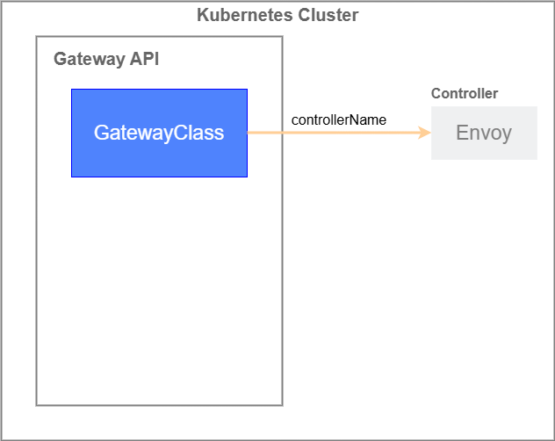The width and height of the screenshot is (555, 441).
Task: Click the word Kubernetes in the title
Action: tap(245, 15)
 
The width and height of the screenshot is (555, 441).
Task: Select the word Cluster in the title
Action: tap(328, 15)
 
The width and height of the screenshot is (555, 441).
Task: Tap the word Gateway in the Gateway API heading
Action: tap(89, 59)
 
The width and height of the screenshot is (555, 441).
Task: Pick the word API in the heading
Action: tap(144, 59)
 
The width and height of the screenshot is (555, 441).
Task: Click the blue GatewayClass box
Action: tap(159, 133)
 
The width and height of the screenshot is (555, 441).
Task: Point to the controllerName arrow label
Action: tap(339, 119)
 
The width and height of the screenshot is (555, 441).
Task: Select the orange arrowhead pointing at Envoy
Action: tap(424, 133)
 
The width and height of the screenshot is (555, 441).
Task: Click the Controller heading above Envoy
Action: tap(465, 93)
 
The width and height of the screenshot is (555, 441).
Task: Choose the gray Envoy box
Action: tap(484, 133)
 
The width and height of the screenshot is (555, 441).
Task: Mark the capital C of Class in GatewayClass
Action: tap(181, 133)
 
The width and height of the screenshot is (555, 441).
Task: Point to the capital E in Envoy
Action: tap(462, 132)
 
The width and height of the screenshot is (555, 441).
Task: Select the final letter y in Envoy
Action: tap(507, 134)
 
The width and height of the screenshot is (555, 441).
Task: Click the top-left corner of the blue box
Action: tap(71, 90)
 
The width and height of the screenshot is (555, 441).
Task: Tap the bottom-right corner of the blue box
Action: tap(247, 177)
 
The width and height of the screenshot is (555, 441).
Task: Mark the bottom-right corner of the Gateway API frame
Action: tap(283, 405)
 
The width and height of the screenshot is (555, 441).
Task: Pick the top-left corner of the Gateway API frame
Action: tap(37, 36)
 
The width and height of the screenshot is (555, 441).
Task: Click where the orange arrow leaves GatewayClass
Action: tap(248, 133)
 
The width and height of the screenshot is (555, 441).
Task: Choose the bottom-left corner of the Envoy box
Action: tap(431, 159)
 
